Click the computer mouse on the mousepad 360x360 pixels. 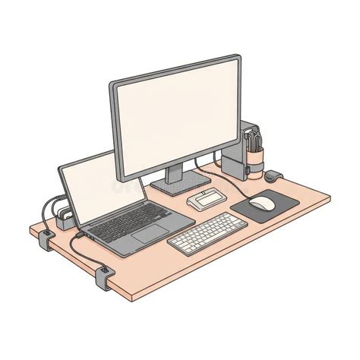(x=263, y=203)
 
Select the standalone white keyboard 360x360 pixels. (x=207, y=232)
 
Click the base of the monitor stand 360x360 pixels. (x=179, y=183)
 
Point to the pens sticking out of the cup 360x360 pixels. (x=254, y=141)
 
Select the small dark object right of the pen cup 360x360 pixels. (x=273, y=176)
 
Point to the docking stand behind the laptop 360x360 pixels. (x=63, y=216)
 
